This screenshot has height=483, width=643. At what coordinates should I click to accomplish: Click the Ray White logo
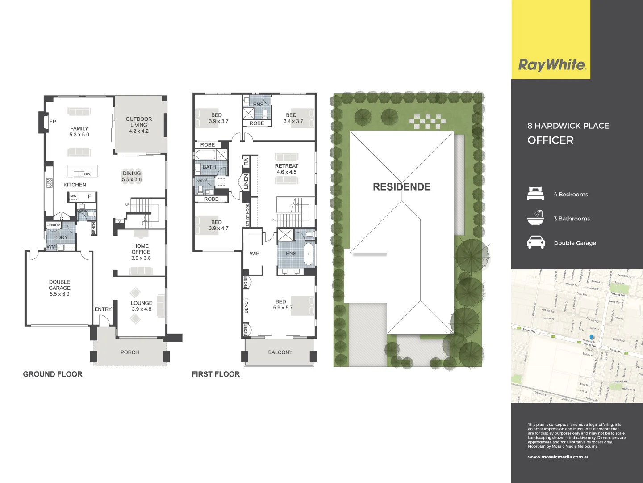click(551, 65)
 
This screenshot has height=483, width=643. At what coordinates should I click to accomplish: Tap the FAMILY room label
click(79, 131)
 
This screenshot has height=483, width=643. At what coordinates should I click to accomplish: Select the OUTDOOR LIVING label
click(139, 125)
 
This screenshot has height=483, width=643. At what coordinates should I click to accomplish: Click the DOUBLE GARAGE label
click(59, 288)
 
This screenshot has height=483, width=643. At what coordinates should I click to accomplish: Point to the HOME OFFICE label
click(141, 252)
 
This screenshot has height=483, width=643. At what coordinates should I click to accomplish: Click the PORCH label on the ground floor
click(129, 352)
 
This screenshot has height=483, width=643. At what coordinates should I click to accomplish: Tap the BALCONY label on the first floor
click(280, 352)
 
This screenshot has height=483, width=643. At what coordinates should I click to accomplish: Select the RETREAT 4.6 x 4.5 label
click(286, 169)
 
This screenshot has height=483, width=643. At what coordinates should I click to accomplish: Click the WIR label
click(255, 254)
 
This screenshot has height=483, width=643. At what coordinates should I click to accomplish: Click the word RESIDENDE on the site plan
click(401, 187)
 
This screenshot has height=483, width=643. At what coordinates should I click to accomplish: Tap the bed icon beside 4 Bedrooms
click(535, 194)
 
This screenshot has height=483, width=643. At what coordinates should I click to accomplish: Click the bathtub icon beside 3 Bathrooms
click(535, 218)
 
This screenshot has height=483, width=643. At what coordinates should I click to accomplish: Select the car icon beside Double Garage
click(535, 242)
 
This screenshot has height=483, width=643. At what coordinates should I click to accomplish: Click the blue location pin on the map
click(592, 337)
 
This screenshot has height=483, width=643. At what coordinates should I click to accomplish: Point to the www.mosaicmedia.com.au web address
click(559, 457)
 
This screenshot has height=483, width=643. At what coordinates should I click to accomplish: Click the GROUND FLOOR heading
click(53, 374)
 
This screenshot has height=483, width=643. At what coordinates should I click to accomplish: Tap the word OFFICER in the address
click(550, 140)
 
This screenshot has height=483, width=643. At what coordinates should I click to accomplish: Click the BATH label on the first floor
click(209, 167)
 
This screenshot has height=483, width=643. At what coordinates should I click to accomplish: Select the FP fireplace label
click(53, 122)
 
